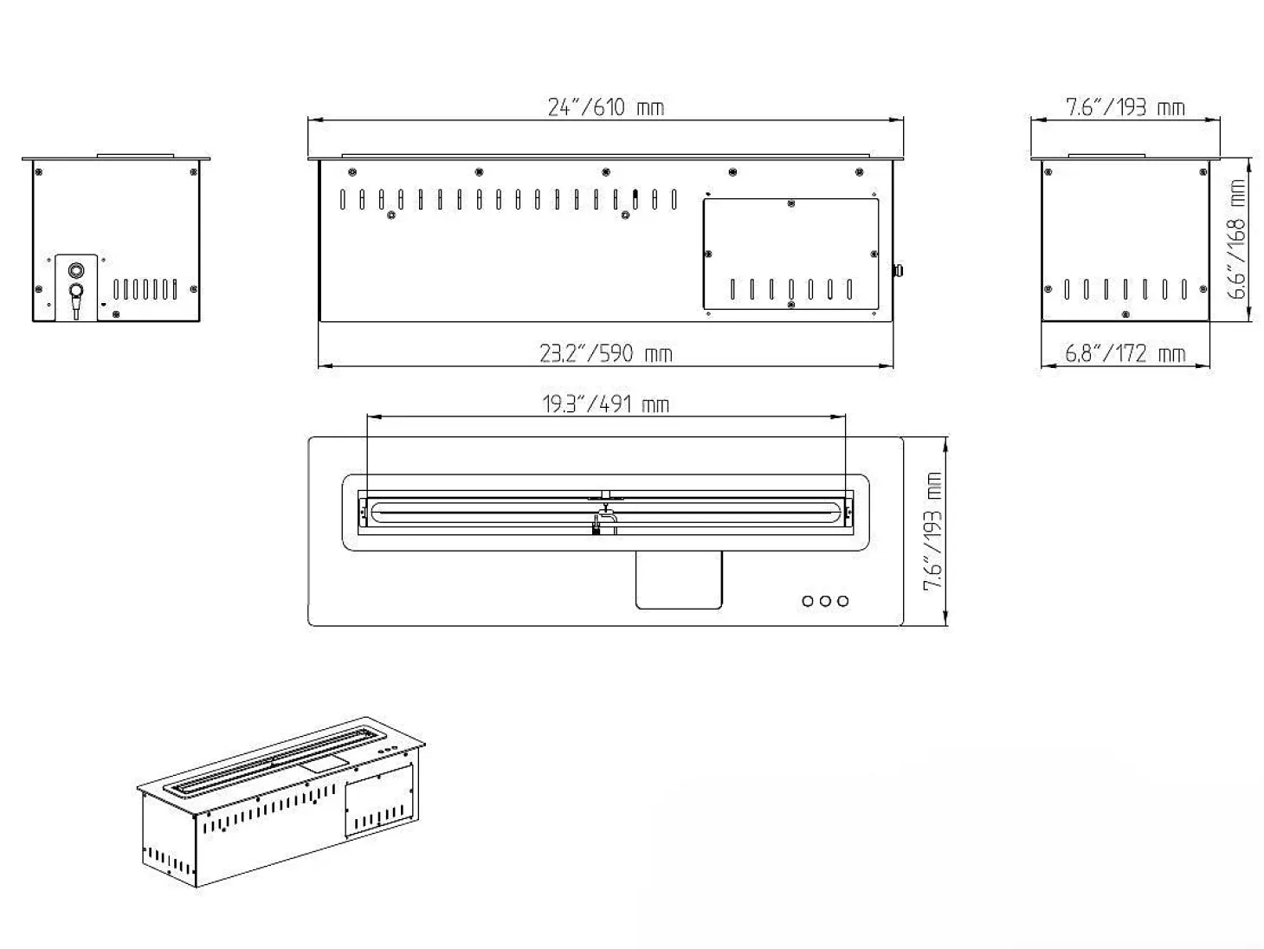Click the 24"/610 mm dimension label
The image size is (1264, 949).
606,107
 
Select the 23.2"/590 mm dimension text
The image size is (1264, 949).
606,353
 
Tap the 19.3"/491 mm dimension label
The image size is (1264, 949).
606,404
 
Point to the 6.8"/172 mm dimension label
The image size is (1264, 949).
1125,353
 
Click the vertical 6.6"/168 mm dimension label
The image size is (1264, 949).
1236,239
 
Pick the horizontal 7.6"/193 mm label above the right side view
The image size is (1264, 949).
1125,107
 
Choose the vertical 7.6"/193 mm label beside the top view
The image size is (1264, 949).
932,531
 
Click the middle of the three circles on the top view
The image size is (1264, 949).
825,601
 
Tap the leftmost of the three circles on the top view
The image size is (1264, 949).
808,601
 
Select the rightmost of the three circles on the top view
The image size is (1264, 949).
843,601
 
